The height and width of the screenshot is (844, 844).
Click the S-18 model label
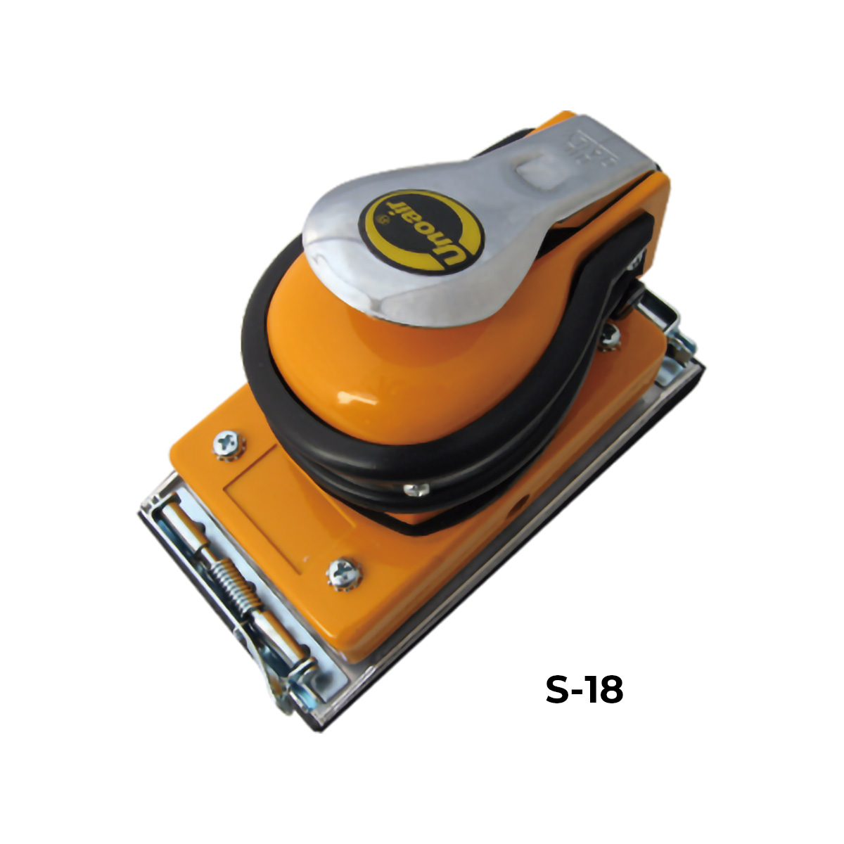[x=584, y=690]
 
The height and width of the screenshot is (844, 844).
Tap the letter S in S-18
[x=558, y=690]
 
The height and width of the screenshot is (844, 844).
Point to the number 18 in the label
[x=606, y=690]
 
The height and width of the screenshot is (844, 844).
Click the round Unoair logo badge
[x=421, y=231]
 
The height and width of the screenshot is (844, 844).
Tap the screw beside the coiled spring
[x=345, y=574]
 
